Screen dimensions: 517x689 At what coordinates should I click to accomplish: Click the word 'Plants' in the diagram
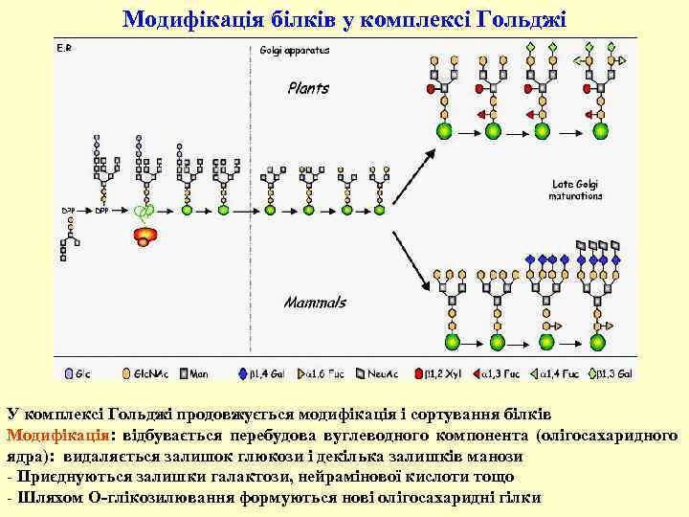(308, 88)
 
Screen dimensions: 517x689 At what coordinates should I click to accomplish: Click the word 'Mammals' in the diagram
(315, 303)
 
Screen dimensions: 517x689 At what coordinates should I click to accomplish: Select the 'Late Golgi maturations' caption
(575, 190)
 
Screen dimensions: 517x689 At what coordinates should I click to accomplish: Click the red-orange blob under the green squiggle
(144, 235)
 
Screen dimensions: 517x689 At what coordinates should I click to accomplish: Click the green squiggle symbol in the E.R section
(144, 213)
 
